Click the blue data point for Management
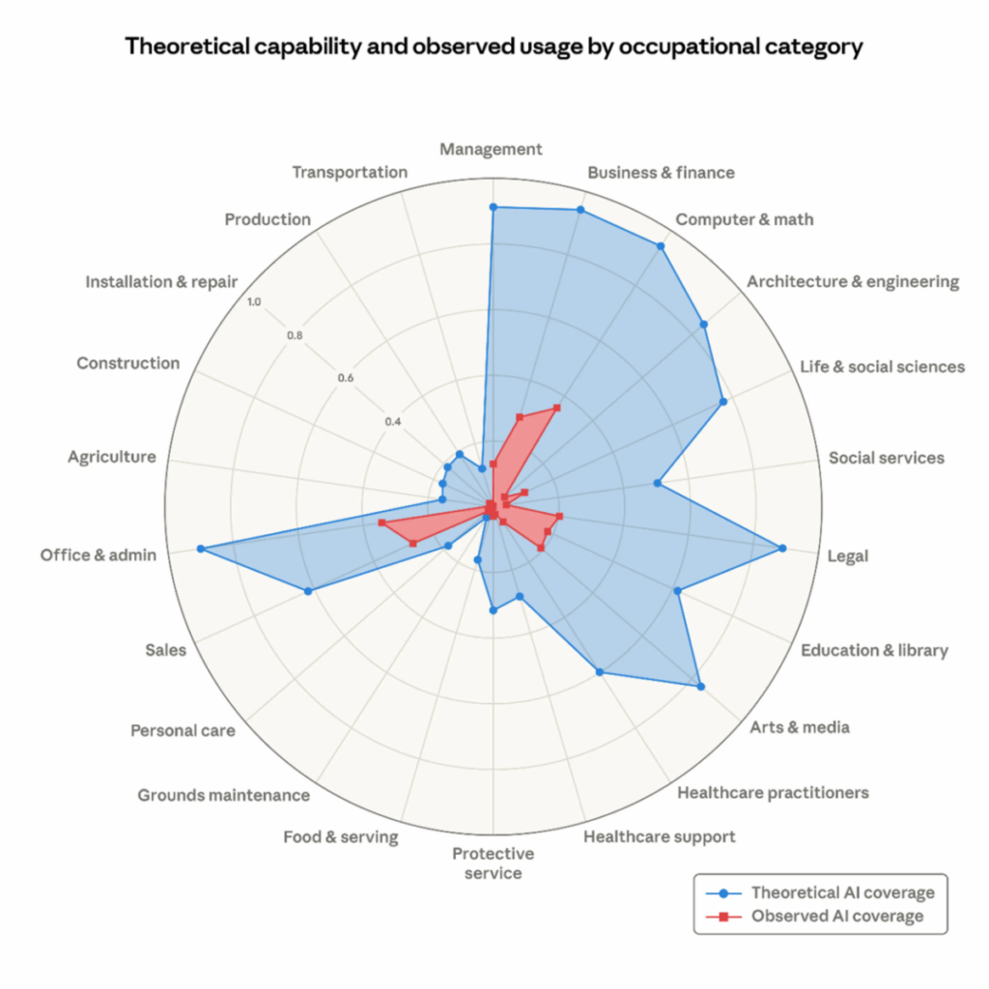493,208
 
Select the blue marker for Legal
782,549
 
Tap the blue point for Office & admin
200,549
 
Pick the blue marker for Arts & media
700,687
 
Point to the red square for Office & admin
381,523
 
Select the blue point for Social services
657,483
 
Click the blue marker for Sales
308,591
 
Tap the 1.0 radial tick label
253,302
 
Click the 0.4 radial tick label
392,422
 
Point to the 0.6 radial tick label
346,378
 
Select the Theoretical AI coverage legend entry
831,892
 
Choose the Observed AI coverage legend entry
831,916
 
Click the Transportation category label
350,172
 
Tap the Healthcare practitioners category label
773,793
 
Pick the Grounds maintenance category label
224,796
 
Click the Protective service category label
493,863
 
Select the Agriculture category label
111,456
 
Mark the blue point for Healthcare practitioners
600,672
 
